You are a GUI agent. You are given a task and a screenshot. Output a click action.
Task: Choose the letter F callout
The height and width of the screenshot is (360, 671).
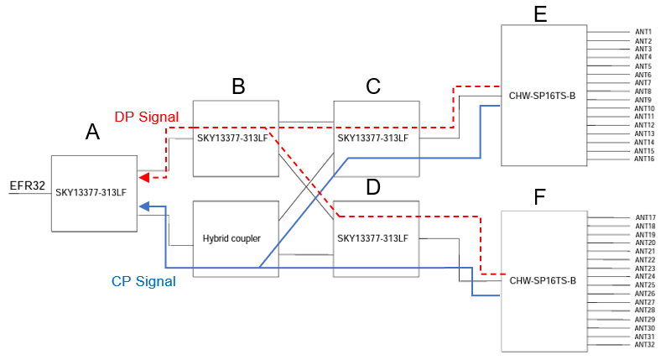click(x=541, y=197)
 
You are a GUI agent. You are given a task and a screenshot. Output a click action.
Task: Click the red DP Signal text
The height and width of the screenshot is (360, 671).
click(x=146, y=117)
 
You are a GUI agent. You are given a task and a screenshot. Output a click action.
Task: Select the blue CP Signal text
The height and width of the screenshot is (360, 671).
click(x=143, y=282)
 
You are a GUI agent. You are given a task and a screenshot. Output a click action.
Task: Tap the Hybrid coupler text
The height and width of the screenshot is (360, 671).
click(x=231, y=238)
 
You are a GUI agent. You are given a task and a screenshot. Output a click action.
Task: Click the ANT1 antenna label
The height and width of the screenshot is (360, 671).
click(x=643, y=32)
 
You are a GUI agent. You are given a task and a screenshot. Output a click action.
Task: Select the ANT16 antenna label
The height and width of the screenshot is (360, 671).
click(x=644, y=159)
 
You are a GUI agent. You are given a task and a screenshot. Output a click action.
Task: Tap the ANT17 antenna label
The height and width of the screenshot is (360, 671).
click(x=645, y=217)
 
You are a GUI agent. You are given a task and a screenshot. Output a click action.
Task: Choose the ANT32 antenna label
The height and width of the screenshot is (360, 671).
click(x=645, y=344)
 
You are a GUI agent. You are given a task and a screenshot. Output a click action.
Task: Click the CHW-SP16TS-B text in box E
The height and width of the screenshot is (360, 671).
click(x=542, y=95)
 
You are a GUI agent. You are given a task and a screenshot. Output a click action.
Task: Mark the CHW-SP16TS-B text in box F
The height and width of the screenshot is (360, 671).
click(x=542, y=279)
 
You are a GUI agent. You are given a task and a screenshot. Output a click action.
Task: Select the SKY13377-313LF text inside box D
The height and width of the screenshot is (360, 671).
click(x=372, y=238)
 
